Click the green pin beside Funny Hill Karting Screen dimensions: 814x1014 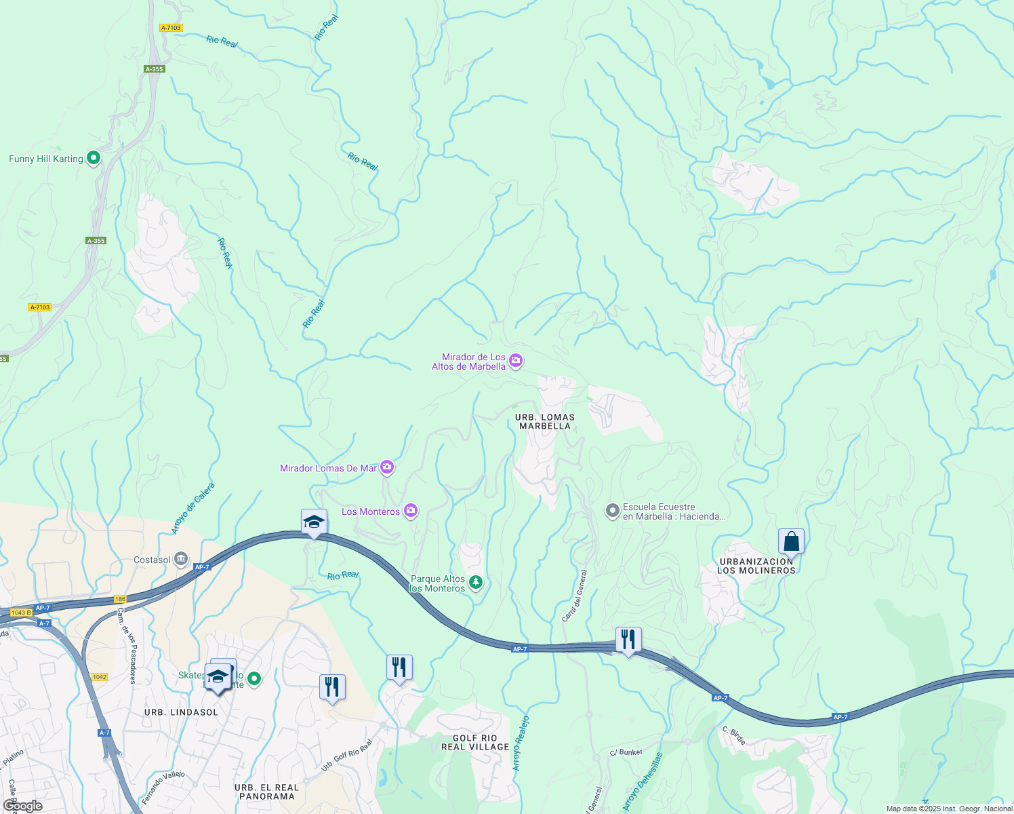[x=94, y=158]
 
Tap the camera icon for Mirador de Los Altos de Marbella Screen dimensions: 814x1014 [x=516, y=360]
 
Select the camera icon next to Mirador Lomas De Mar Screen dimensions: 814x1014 [x=387, y=467]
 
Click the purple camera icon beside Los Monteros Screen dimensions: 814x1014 [x=410, y=511]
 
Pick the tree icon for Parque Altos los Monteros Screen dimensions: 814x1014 [x=476, y=582]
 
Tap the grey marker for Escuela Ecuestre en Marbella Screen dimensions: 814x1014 [x=613, y=511]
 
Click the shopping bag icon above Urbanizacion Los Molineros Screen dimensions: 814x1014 [x=791, y=542]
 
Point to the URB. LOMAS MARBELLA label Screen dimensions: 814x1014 [x=545, y=422]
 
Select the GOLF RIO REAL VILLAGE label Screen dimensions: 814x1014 [x=475, y=742]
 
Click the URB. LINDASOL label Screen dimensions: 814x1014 [x=181, y=712]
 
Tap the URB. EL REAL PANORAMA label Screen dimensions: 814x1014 [x=267, y=792]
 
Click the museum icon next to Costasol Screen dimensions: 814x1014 [x=181, y=559]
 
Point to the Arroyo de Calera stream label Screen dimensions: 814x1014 [x=193, y=509]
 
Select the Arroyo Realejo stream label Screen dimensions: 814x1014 [x=521, y=743]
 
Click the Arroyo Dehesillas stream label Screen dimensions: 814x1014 [x=642, y=782]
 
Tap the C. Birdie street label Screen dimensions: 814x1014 [x=734, y=736]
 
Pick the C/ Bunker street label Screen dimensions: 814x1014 [x=626, y=752]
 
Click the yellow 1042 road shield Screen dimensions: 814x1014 [x=100, y=677]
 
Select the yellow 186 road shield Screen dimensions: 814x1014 [x=120, y=599]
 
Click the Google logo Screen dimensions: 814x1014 [x=22, y=806]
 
